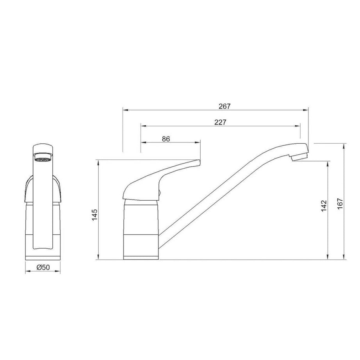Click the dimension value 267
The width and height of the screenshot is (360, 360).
tap(225, 106)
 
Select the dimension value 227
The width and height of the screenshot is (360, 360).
tap(221, 122)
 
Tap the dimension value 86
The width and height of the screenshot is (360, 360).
tap(166, 138)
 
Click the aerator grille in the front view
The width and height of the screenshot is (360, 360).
tap(42, 158)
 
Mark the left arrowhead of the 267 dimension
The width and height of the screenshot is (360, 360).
tap(125, 110)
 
